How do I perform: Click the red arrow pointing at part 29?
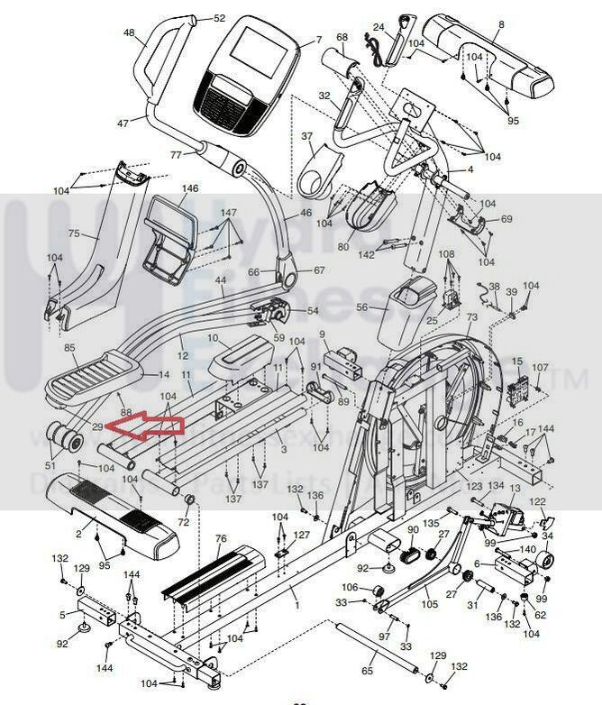click(x=144, y=426)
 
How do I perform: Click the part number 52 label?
click(x=219, y=18)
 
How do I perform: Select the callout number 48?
click(x=130, y=33)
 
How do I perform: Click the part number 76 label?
click(x=220, y=538)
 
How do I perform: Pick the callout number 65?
click(x=366, y=671)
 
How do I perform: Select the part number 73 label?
click(x=471, y=319)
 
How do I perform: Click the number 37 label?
click(x=306, y=136)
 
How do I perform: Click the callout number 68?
click(x=342, y=37)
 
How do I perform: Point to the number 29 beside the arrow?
click(x=97, y=426)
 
